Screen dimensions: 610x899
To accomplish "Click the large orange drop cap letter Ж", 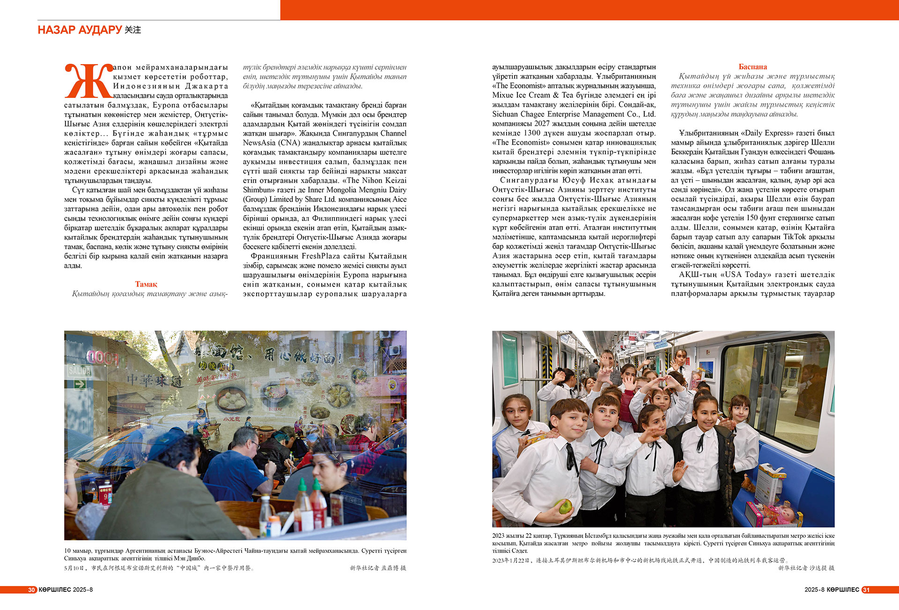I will (88, 81).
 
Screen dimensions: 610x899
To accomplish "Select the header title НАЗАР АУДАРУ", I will (80, 30).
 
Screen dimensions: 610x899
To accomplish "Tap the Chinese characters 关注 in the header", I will (133, 30).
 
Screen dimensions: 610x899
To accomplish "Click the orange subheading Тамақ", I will (146, 284).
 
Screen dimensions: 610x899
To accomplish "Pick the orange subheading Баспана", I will (752, 67).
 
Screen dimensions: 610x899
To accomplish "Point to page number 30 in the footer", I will (31, 590).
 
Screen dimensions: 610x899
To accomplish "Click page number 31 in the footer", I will (866, 590).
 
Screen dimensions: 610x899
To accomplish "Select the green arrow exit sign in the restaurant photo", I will (80, 384).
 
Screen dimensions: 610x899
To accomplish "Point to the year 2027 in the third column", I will (542, 124).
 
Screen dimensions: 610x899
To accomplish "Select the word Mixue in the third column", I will (503, 95).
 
